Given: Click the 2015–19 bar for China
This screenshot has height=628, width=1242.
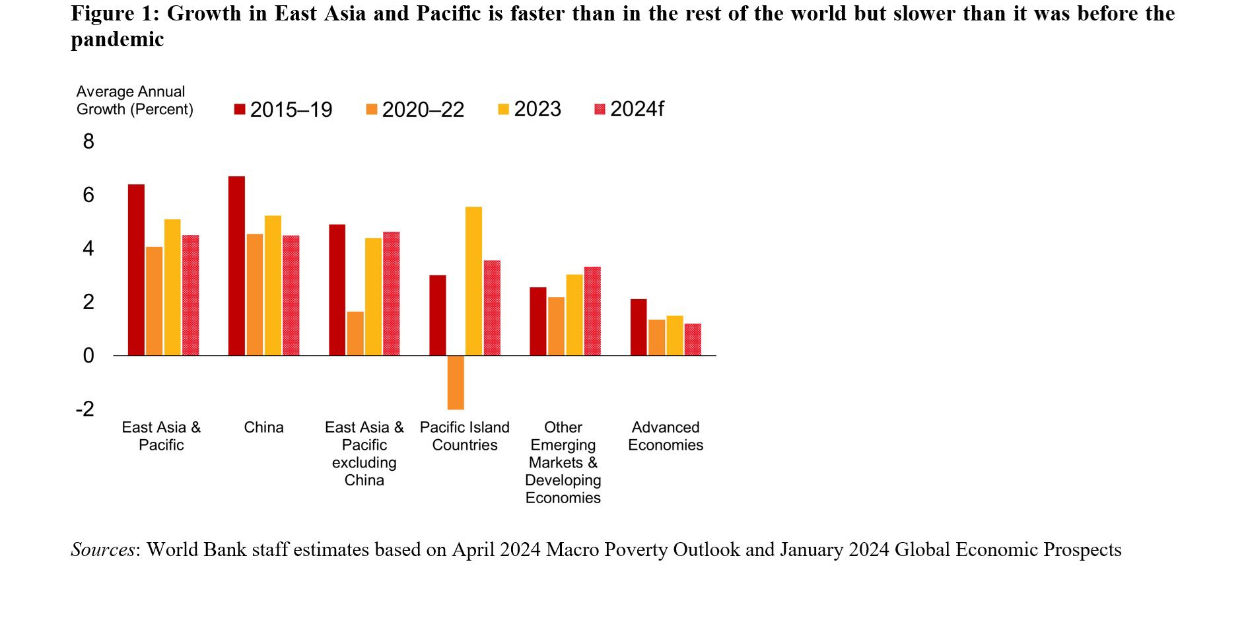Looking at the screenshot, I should [236, 266].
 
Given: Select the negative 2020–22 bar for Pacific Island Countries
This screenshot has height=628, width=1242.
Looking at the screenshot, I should [456, 382].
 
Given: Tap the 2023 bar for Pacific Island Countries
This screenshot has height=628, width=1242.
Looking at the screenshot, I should [473, 281].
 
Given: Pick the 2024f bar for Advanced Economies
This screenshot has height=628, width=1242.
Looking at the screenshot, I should [693, 339].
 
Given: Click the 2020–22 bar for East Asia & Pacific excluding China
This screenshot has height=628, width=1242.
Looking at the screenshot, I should [355, 333].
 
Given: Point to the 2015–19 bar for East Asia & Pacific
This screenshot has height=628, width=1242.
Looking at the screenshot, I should [136, 270].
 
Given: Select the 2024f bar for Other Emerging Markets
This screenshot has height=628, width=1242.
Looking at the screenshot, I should [592, 311].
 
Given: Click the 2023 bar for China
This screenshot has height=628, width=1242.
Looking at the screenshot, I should [273, 285].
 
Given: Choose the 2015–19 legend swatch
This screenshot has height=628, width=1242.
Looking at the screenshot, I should [240, 109].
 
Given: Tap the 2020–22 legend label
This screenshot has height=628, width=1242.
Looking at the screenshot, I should [423, 110].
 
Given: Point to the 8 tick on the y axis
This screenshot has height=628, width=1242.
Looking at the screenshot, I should [88, 141].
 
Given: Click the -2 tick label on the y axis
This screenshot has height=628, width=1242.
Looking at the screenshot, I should [85, 409].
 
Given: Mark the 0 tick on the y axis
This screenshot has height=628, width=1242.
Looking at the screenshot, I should [88, 356].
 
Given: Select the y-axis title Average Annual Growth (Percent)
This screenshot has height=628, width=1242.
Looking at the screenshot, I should [135, 100].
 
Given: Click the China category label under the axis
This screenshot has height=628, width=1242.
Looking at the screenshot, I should [263, 427].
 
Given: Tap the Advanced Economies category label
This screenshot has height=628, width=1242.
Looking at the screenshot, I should [665, 436].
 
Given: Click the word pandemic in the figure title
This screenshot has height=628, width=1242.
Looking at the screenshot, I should [117, 40].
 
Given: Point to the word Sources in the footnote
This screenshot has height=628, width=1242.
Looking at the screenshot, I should [102, 549].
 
